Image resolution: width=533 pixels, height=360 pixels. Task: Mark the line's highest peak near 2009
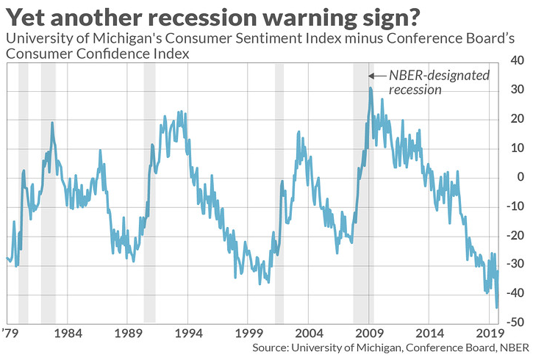click(371, 88)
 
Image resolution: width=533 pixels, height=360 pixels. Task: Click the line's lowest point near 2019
click(497, 307)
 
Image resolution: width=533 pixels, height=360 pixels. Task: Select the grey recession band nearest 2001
click(279, 192)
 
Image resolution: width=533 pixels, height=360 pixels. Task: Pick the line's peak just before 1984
click(52, 123)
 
